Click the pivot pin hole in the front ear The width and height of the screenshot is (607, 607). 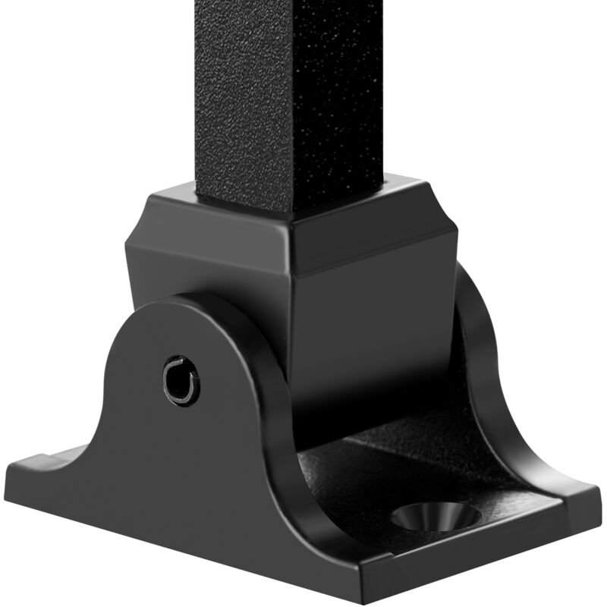tap(181, 380)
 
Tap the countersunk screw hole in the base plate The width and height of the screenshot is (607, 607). tap(436, 518)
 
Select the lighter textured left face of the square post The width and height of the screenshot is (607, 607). tap(243, 99)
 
